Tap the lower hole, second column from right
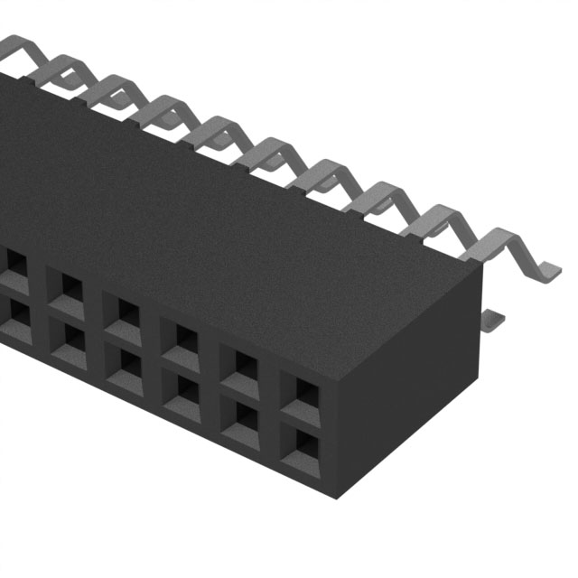[x=246, y=415]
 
